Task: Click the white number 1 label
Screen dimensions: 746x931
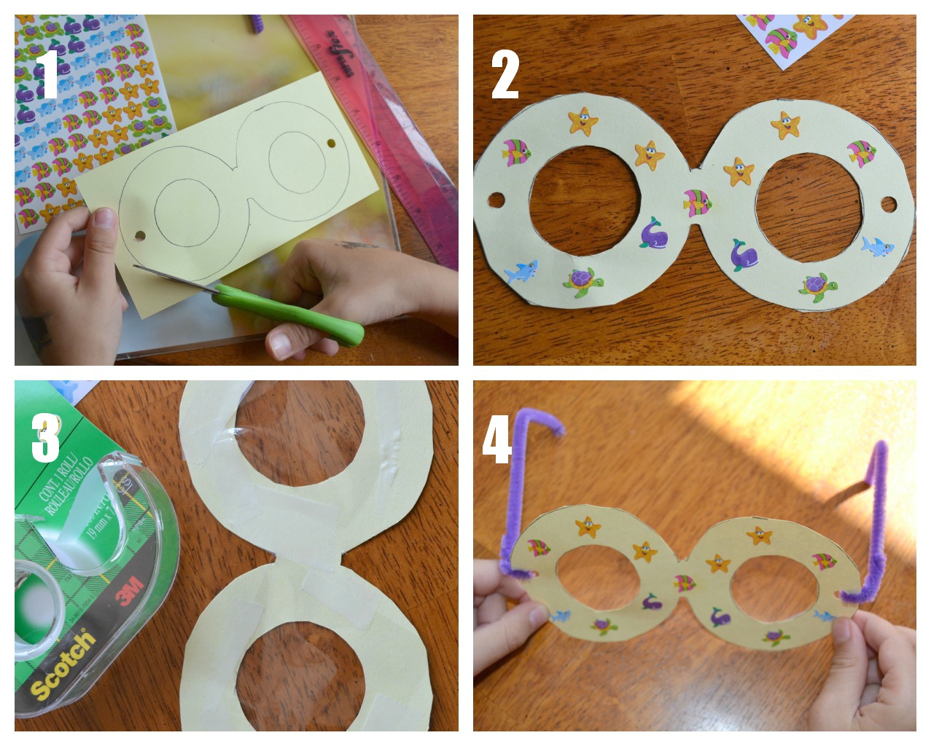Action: click(47, 74)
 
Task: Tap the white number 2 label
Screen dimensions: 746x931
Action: click(505, 75)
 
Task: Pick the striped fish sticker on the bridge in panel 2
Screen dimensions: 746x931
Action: click(698, 202)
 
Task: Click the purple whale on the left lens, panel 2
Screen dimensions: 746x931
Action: click(653, 233)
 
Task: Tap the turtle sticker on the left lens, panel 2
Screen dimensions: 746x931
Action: click(583, 282)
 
